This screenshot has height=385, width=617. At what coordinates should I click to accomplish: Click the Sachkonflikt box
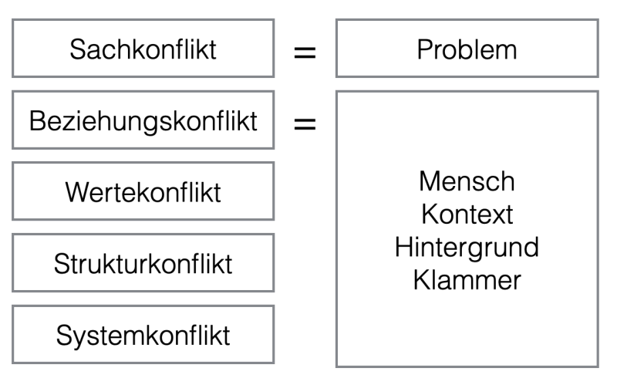coord(143,48)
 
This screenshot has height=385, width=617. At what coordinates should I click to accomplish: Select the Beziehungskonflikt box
coord(143,120)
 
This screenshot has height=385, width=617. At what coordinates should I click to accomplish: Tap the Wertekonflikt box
coord(143,191)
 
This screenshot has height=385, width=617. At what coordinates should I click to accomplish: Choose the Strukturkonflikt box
coord(143,263)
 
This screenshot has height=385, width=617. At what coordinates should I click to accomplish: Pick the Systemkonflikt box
coord(143,335)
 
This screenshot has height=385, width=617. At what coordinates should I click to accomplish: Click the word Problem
coord(467,49)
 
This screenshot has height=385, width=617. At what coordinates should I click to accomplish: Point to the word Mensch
coord(467,181)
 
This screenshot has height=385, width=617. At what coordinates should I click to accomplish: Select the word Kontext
coord(467,214)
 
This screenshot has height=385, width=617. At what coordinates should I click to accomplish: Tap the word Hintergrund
coord(467,248)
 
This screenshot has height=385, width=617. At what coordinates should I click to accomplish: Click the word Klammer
coord(467,280)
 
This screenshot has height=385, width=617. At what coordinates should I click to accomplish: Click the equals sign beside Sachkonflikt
coord(305,52)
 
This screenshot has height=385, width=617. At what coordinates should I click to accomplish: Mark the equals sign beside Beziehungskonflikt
coord(305,124)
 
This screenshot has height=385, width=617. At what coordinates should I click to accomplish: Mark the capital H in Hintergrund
coord(403,247)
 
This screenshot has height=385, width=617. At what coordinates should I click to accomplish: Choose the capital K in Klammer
coord(421,280)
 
